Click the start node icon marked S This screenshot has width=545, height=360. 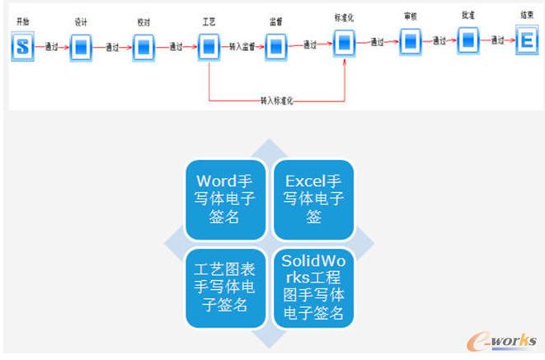(x=23, y=47)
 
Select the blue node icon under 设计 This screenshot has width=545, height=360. (x=81, y=48)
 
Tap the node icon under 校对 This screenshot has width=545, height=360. (x=144, y=47)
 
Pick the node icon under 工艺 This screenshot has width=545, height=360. (x=209, y=47)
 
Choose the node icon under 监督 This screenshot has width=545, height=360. (x=276, y=47)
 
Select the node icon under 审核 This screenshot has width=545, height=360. (x=411, y=41)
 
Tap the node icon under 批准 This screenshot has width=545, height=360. (x=468, y=40)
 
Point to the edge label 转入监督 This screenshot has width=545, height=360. (x=242, y=47)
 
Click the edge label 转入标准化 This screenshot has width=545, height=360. (x=277, y=101)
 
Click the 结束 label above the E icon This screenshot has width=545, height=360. (x=526, y=15)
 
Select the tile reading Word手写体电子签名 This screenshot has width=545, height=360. (x=224, y=198)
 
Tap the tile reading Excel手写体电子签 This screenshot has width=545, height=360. (x=313, y=198)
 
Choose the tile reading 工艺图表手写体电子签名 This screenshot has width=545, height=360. (x=224, y=286)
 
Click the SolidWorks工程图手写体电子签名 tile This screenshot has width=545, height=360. (x=313, y=286)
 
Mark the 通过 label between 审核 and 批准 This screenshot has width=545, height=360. (x=439, y=40)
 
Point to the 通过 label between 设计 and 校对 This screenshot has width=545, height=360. (x=112, y=48)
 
